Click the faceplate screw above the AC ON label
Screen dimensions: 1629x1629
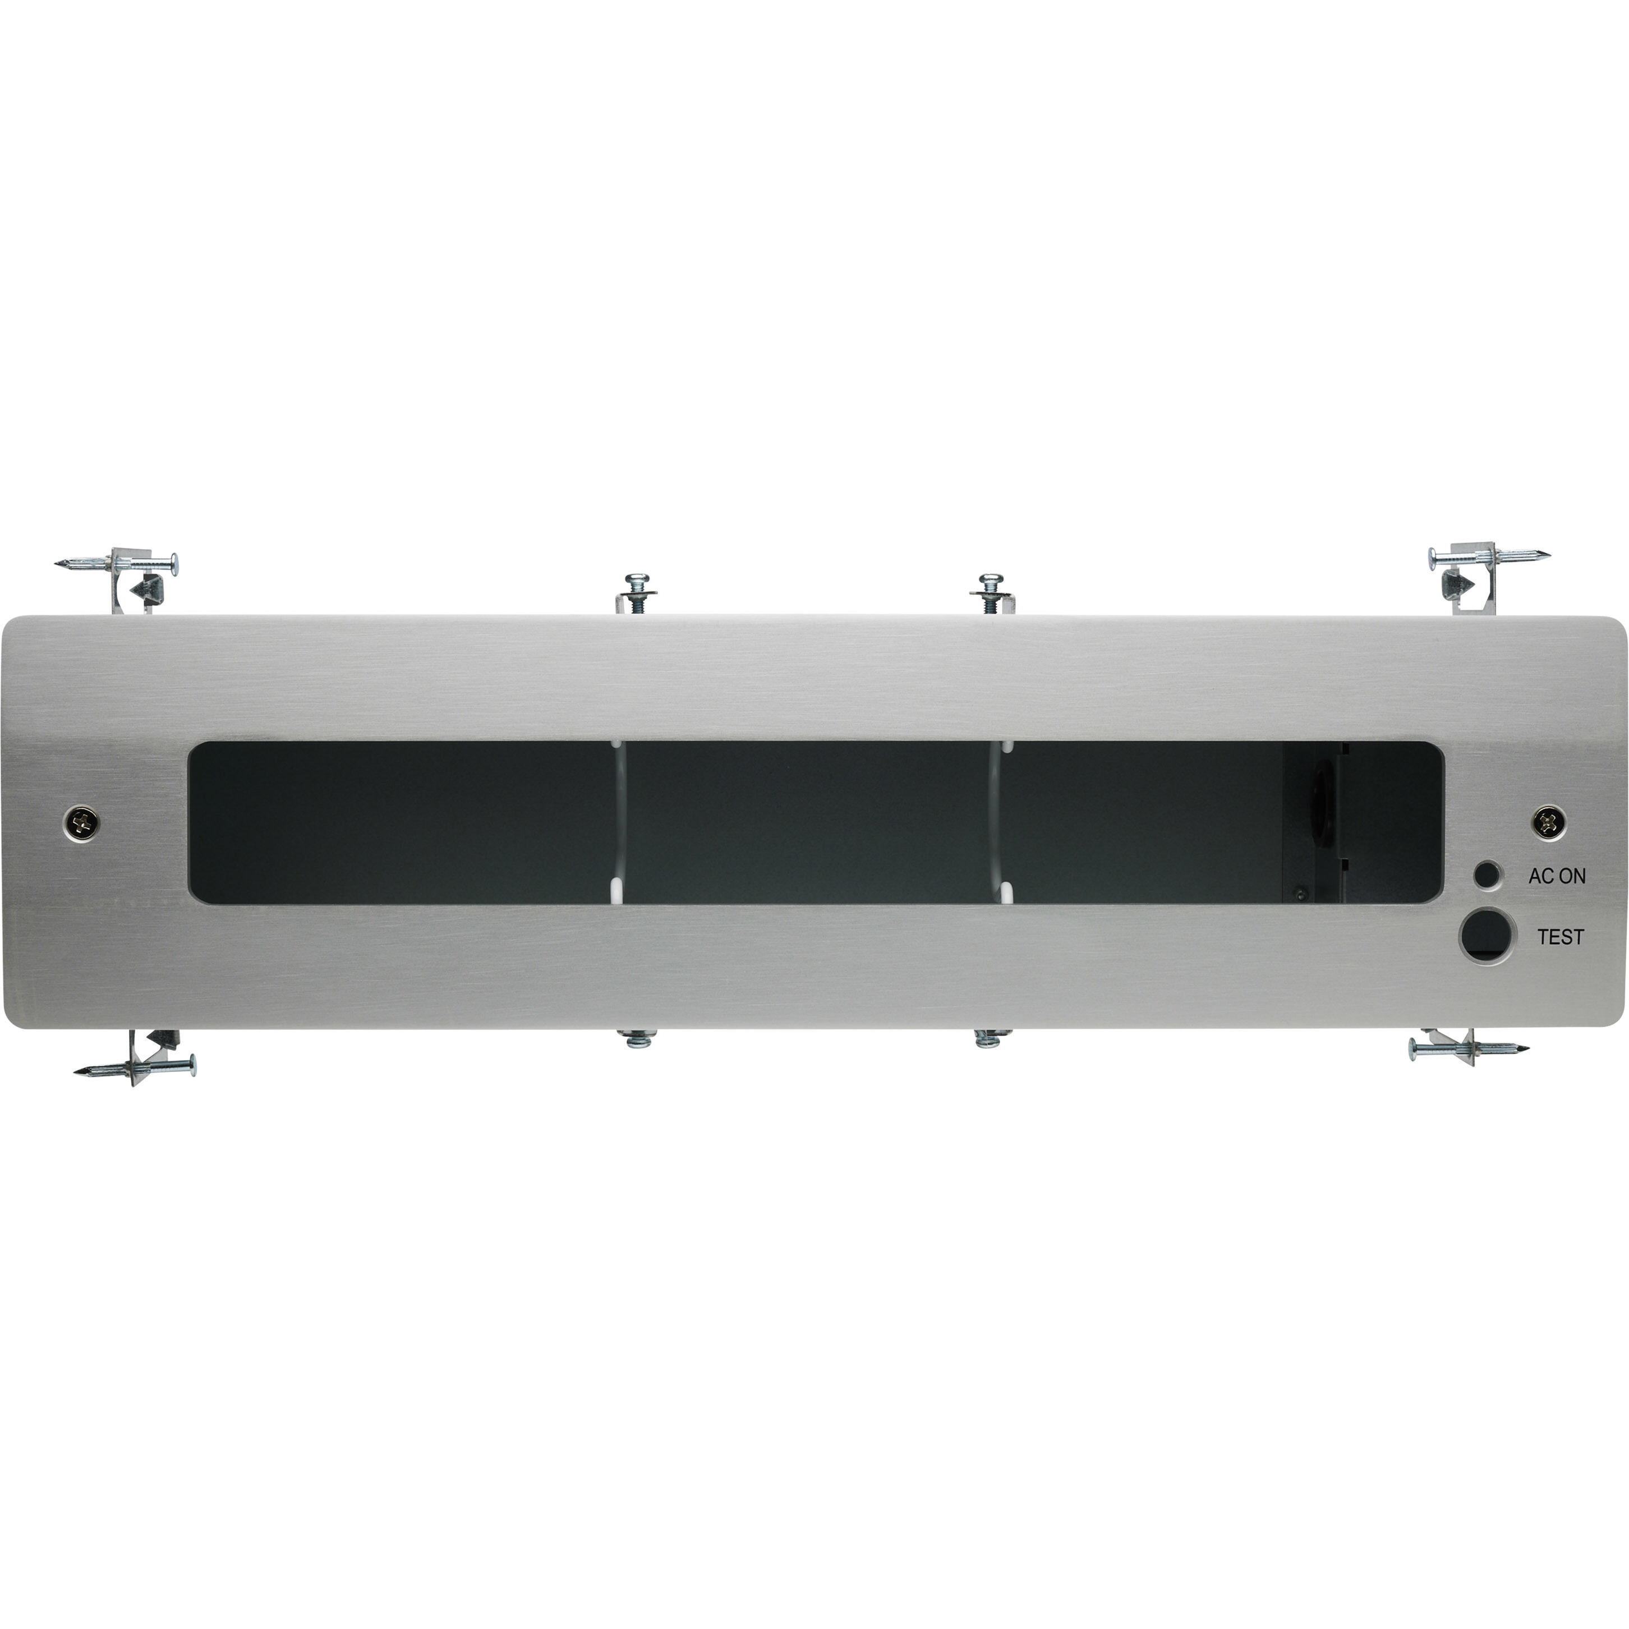(1548, 821)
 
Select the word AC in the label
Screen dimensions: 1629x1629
(1540, 876)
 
